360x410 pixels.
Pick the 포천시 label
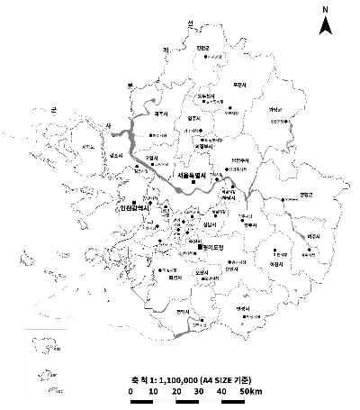pos(239,86)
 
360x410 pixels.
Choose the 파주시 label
pos(162,114)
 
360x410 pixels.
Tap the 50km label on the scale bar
pos(251,393)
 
